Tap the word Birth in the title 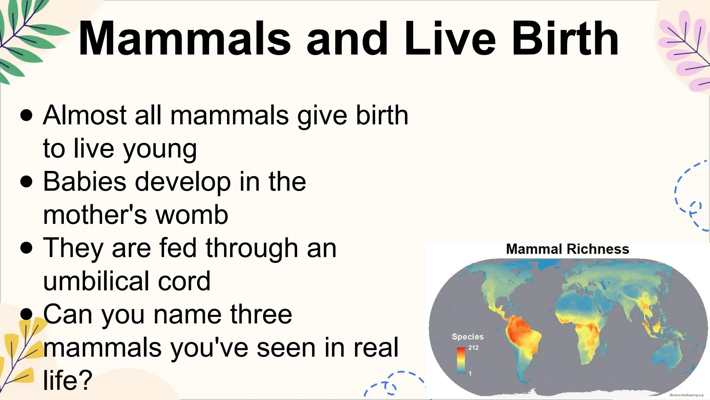(565, 39)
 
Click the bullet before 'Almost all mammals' (27, 115)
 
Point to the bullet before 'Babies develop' (27, 182)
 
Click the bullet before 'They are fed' (27, 248)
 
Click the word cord (184, 281)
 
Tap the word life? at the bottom (68, 380)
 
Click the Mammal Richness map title (567, 249)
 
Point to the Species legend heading (467, 336)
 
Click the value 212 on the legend (473, 348)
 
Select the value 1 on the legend (470, 374)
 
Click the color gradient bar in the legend (461, 360)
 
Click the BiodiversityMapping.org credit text (686, 395)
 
